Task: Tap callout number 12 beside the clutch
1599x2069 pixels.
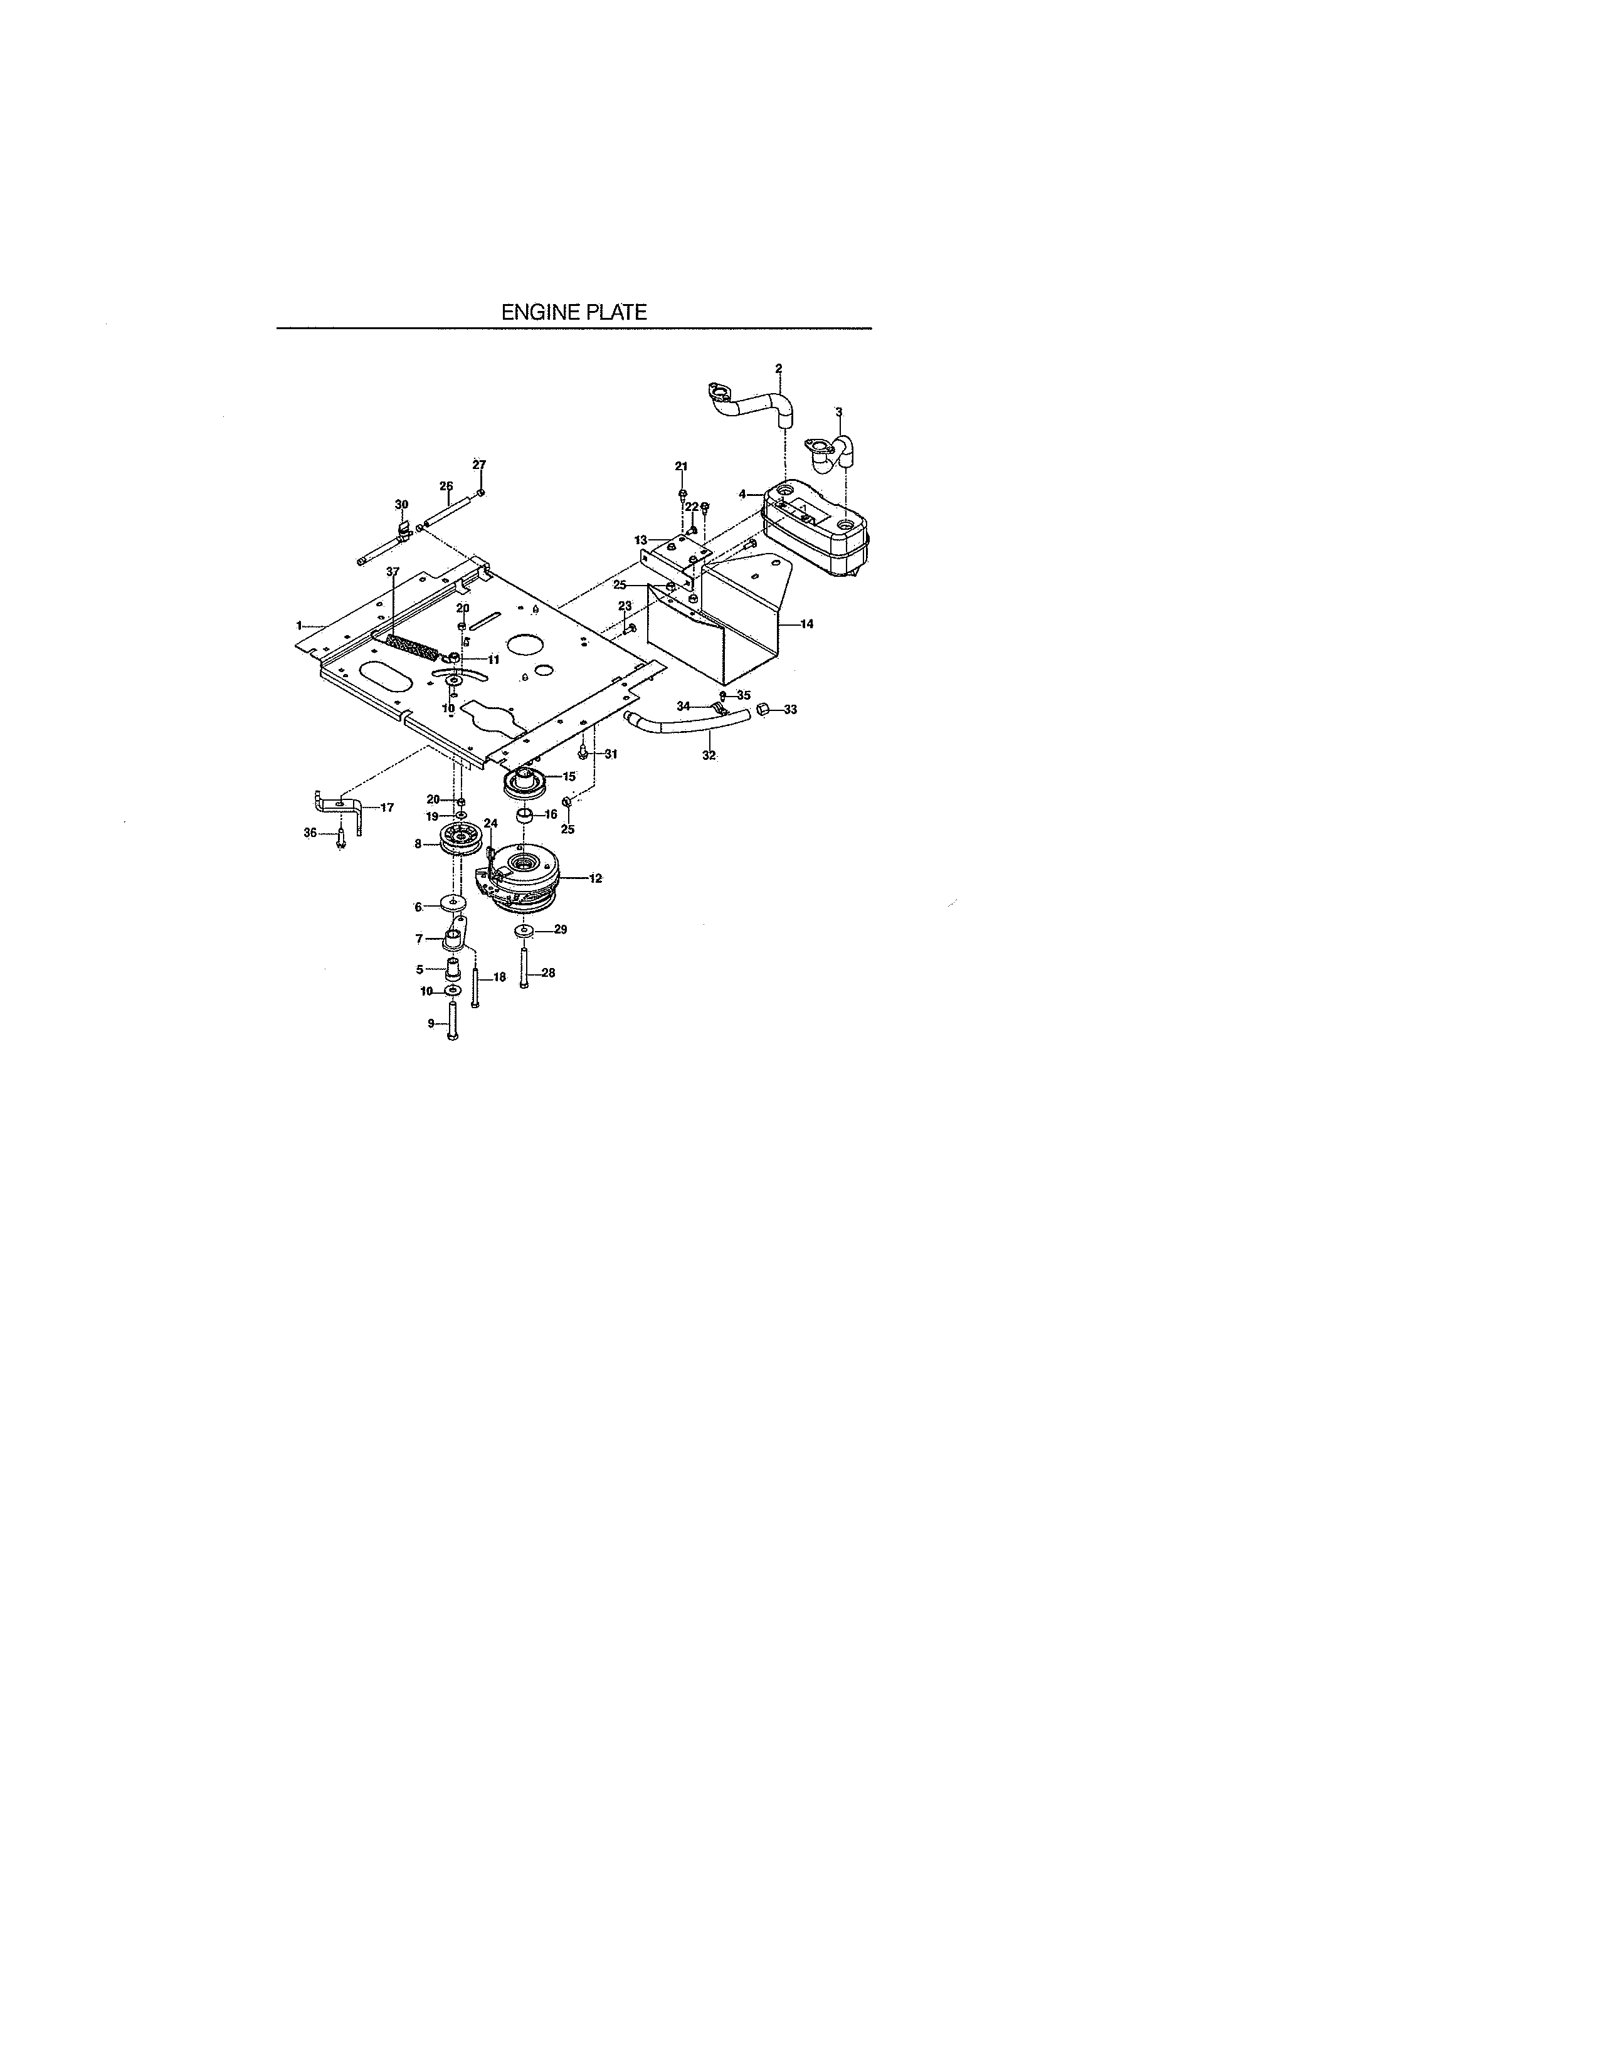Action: tap(596, 878)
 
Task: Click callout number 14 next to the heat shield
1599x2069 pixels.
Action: tap(807, 624)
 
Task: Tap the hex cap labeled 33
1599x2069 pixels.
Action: tap(764, 710)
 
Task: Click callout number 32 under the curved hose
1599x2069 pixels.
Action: tap(709, 755)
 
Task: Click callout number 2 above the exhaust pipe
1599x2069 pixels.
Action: tap(779, 367)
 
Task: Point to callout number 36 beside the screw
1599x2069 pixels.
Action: tap(310, 833)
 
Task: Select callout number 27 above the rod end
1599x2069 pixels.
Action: tap(478, 464)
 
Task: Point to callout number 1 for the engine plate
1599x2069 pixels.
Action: tap(299, 625)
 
